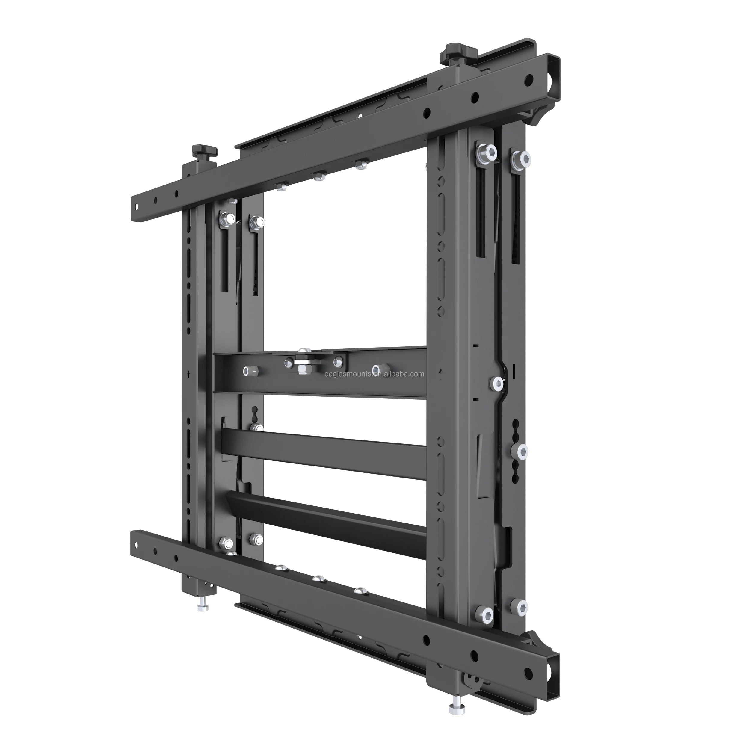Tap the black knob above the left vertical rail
tap(204, 150)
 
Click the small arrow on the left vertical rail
tap(188, 375)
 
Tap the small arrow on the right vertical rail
tap(440, 374)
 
